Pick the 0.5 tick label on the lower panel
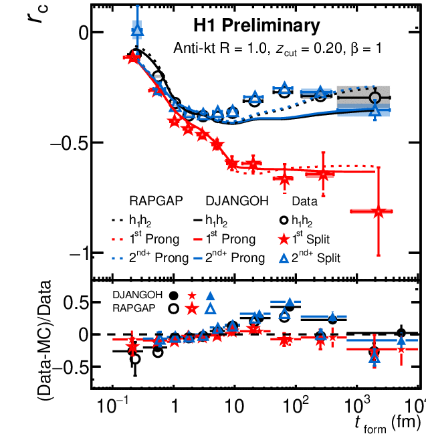pos(75,303)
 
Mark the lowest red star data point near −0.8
pos(379,212)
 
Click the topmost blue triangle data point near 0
pos(138,29)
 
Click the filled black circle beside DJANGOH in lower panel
pos(174,296)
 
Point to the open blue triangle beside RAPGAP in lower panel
pos(211,308)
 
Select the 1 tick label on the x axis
pos(175,405)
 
